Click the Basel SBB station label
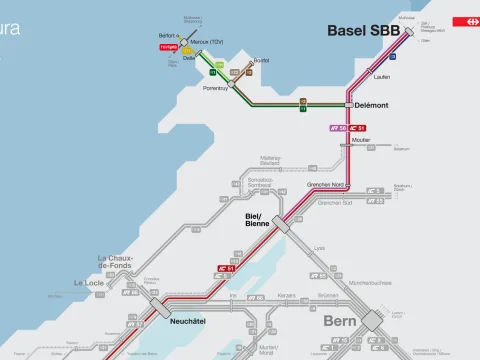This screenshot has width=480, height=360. [363, 32]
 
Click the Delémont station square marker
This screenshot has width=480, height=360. [349, 104]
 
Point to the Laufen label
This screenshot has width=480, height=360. [380, 76]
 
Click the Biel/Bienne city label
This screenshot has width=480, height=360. [259, 220]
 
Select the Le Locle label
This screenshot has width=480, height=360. [91, 283]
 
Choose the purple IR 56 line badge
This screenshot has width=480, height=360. [338, 128]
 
